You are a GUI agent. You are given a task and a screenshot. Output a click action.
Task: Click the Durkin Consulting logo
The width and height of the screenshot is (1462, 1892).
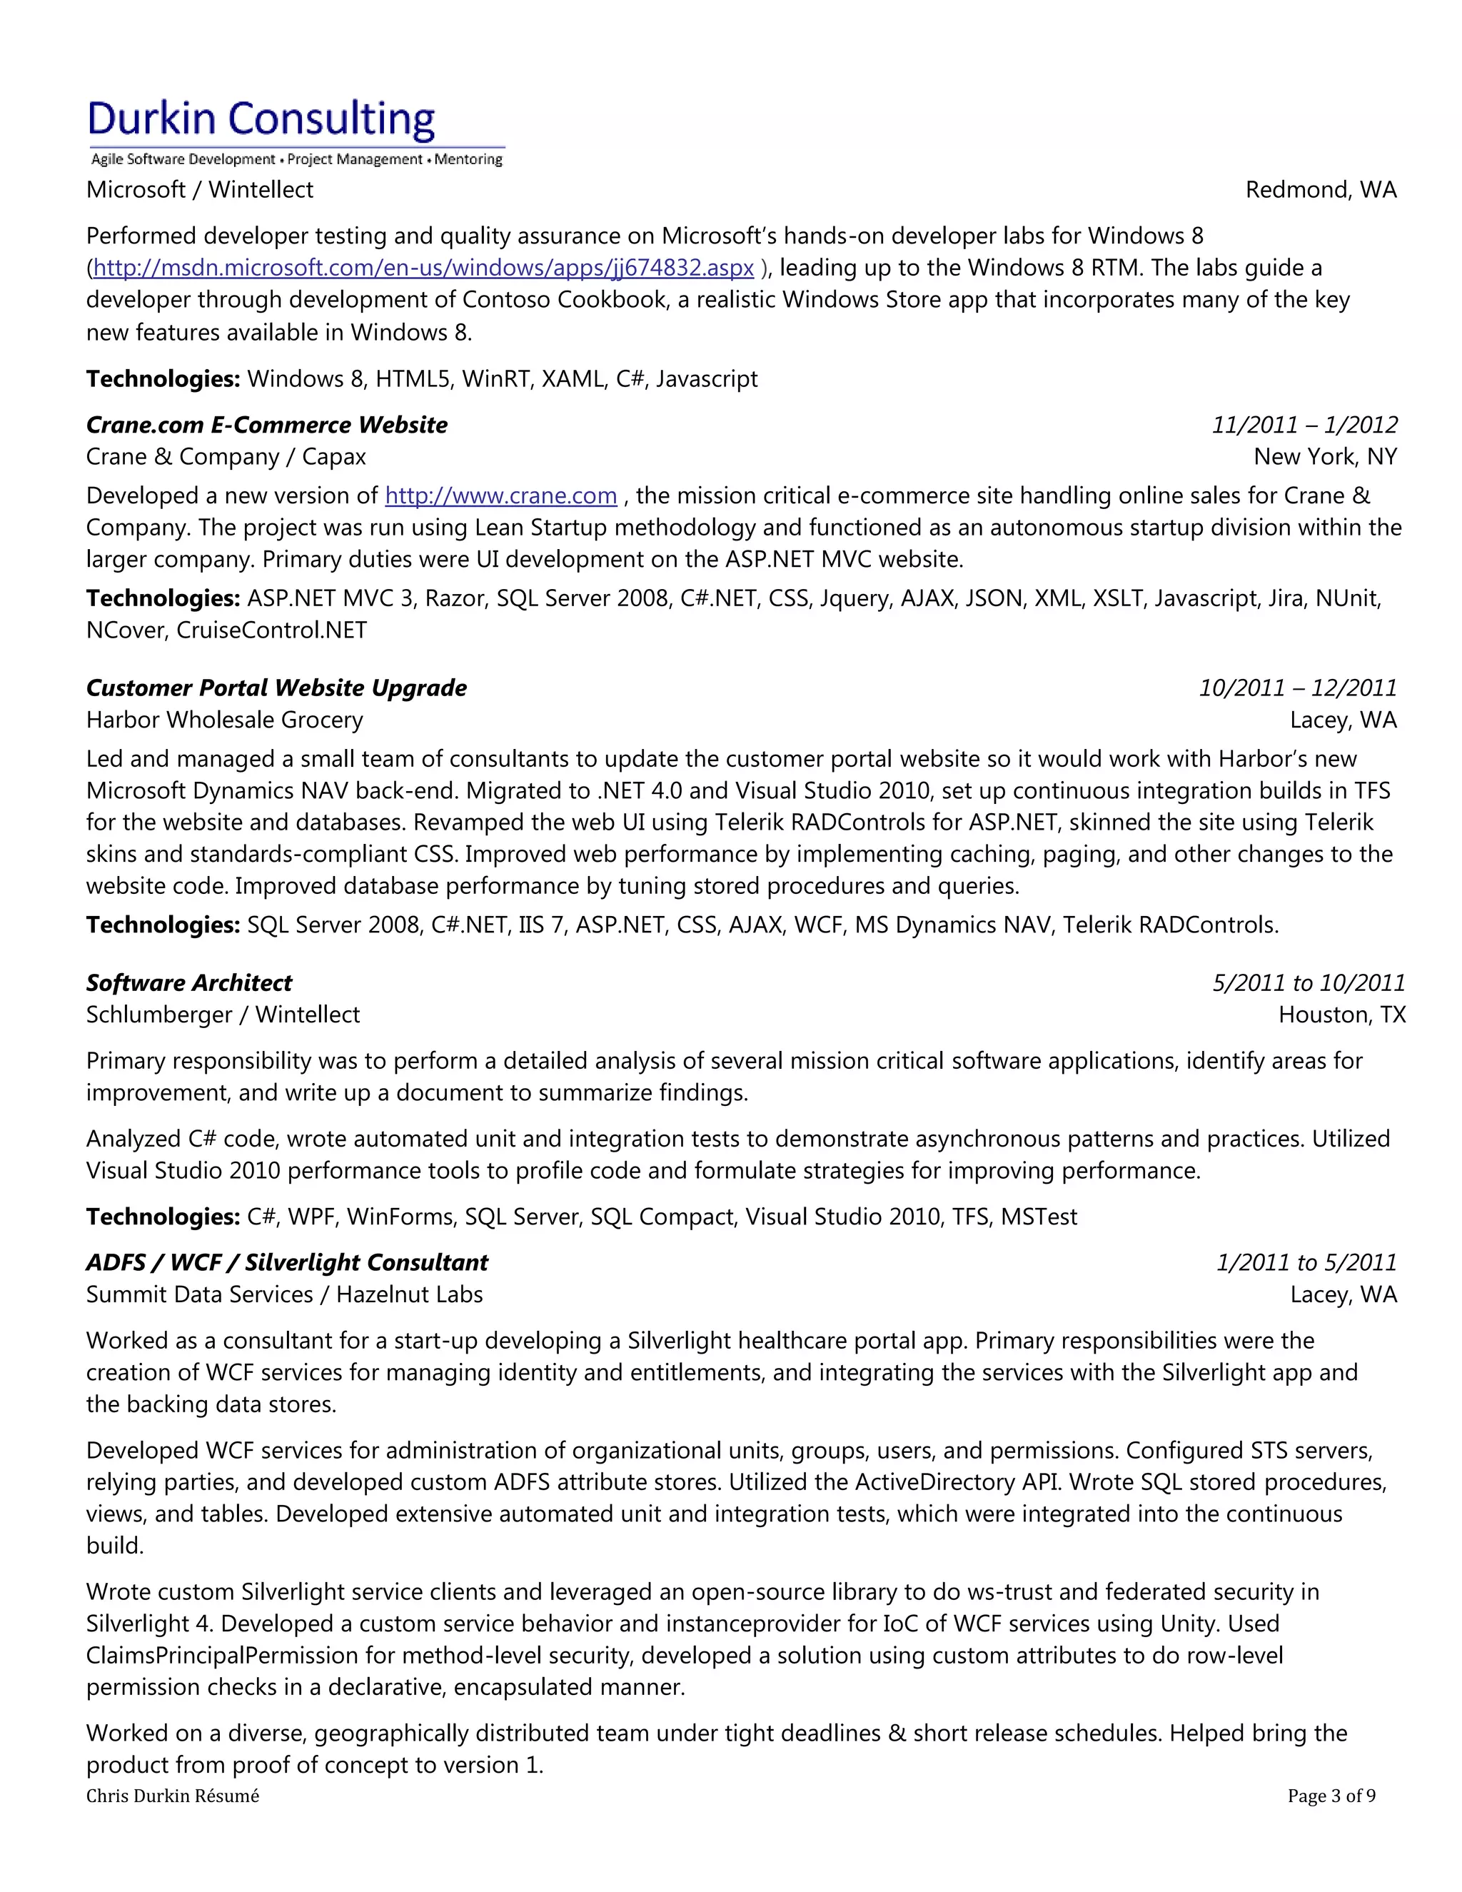[x=295, y=130]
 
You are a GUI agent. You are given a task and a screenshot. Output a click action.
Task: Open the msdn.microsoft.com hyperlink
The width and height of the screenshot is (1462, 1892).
[x=423, y=268]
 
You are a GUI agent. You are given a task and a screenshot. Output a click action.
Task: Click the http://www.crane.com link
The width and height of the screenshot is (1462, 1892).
[x=500, y=495]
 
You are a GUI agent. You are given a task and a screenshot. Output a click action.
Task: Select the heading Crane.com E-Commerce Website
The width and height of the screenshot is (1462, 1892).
[x=267, y=425]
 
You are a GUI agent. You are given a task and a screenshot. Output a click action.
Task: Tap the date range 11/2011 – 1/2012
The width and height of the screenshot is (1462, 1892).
[x=1304, y=425]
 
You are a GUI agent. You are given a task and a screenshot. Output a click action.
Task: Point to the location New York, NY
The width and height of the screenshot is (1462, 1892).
[x=1325, y=456]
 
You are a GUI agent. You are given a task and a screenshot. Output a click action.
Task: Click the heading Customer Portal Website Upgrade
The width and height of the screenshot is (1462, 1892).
[x=276, y=688]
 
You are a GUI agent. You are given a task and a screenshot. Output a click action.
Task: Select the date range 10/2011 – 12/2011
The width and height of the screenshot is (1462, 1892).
[x=1297, y=688]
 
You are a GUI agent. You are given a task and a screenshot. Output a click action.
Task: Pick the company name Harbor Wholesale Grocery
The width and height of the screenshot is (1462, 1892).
[x=224, y=720]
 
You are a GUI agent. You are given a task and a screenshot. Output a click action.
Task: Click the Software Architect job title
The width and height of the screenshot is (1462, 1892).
[x=188, y=982]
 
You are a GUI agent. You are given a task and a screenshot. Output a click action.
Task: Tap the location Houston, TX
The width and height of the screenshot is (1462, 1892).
[x=1341, y=1015]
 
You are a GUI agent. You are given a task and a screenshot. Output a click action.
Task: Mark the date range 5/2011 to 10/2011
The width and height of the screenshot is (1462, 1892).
[x=1308, y=982]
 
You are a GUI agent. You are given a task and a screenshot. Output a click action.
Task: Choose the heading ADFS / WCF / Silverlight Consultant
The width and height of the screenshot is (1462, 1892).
[x=287, y=1262]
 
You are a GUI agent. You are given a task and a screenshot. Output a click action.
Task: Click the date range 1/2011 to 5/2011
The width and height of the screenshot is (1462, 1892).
[x=1306, y=1262]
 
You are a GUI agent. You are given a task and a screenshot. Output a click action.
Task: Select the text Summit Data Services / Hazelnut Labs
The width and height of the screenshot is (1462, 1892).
[x=284, y=1294]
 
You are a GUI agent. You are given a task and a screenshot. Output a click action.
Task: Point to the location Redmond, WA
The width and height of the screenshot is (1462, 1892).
[x=1321, y=190]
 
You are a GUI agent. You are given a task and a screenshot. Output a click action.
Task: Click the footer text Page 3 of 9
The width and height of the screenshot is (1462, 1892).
[x=1331, y=1795]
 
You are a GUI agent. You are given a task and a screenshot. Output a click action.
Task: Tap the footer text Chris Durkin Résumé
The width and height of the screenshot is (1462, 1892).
[x=172, y=1795]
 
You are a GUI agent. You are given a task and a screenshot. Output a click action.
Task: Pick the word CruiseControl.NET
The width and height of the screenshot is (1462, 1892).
[x=272, y=630]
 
